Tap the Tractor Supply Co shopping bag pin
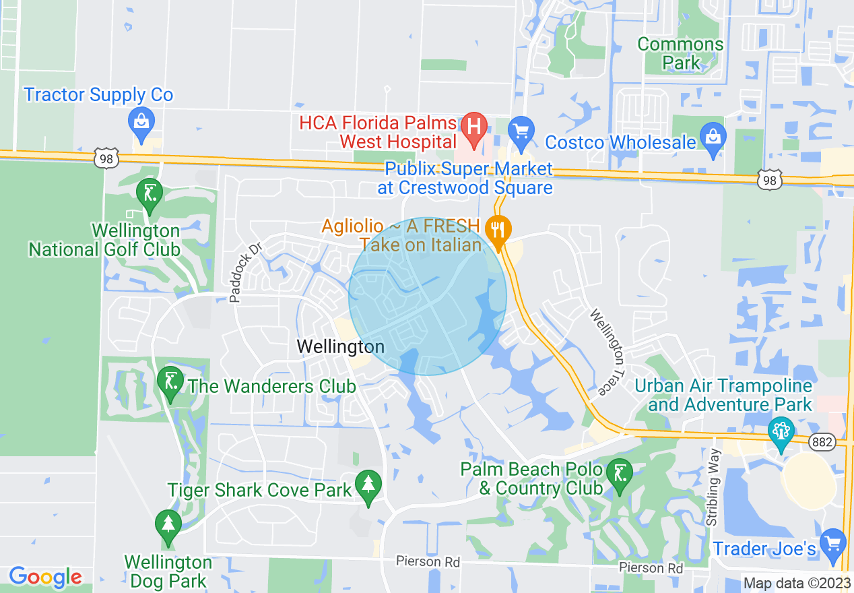pos(141,122)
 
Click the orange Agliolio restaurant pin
pos(498,229)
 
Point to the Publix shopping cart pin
pos(521,129)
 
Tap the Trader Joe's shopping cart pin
pos(834,541)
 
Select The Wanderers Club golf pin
pos(170,381)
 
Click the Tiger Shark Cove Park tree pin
pos(368,484)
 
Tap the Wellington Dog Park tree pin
pos(168,524)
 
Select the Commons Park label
pos(680,53)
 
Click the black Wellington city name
pos(341,346)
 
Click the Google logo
pos(45,577)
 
